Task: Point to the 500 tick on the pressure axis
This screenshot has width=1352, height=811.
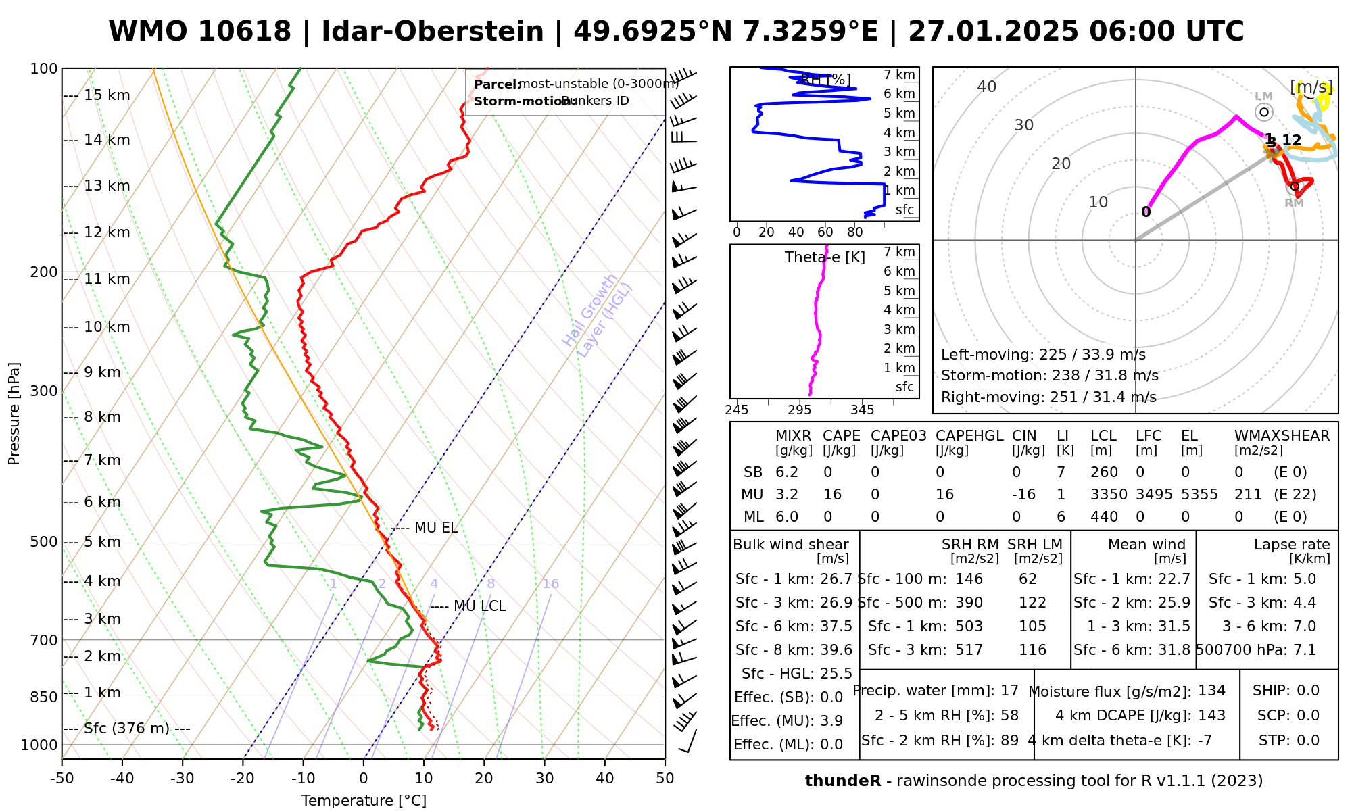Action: (44, 541)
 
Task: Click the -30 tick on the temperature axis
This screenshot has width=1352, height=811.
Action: (183, 778)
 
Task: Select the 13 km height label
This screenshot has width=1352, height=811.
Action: (107, 186)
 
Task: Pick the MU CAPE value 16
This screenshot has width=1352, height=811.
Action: (832, 495)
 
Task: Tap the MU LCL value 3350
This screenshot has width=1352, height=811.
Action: (1109, 495)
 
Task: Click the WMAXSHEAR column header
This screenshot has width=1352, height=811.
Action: (1282, 436)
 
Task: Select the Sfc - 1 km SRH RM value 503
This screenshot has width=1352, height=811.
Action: (969, 626)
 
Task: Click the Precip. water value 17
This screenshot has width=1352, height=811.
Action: (1009, 691)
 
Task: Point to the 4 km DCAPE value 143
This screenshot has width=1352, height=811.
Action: (1211, 716)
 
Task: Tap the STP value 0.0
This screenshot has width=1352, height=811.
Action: (1307, 741)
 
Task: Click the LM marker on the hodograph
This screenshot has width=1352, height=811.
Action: (1263, 112)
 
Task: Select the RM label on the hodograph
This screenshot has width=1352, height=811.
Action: (1294, 203)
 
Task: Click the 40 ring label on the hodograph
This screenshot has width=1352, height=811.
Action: (987, 87)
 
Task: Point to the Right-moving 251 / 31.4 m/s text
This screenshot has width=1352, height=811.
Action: (1048, 397)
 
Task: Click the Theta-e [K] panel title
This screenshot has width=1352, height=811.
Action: (825, 257)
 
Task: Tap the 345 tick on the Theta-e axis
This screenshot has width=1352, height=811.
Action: (862, 410)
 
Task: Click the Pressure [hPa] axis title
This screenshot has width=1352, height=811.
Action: (14, 414)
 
